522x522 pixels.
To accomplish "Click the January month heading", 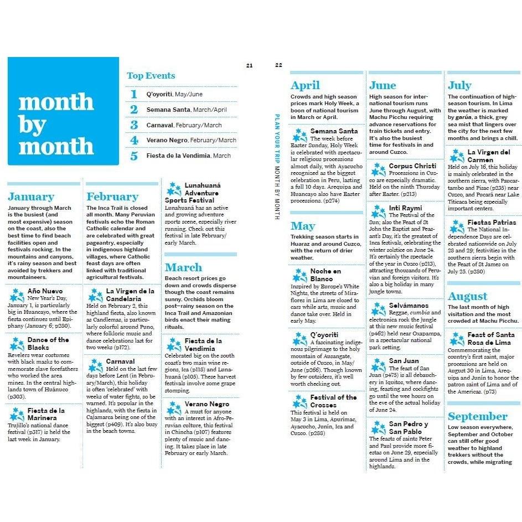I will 31,197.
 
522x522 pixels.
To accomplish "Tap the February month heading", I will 112,197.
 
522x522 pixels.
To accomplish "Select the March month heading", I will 184,267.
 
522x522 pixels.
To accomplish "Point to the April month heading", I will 305,85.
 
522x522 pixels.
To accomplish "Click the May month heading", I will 303,226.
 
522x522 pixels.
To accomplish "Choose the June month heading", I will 383,85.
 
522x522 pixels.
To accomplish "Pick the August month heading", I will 467,296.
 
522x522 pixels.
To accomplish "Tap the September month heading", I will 477,416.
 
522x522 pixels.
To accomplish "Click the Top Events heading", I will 151,76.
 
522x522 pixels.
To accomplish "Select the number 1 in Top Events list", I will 133,94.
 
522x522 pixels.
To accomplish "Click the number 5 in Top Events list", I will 133,156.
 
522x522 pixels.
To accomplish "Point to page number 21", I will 249,65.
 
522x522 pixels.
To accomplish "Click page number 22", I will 278,65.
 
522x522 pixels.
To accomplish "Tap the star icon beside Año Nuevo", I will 17,294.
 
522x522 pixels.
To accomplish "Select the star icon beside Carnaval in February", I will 96,365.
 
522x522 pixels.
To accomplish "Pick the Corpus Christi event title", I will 412,166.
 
